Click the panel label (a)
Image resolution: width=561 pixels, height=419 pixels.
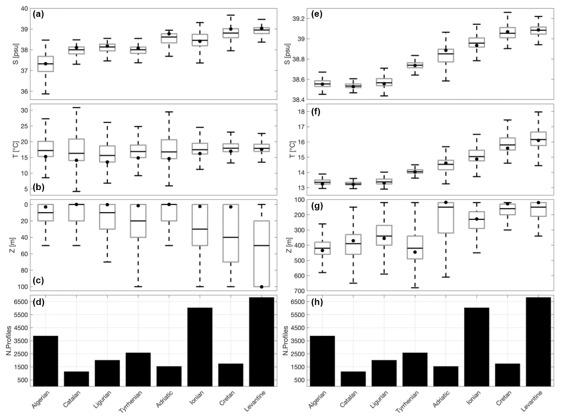coord(38,14)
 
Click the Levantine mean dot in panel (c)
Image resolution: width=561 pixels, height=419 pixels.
coord(261,287)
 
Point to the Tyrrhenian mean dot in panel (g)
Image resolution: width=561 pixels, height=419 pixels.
coord(415,252)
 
